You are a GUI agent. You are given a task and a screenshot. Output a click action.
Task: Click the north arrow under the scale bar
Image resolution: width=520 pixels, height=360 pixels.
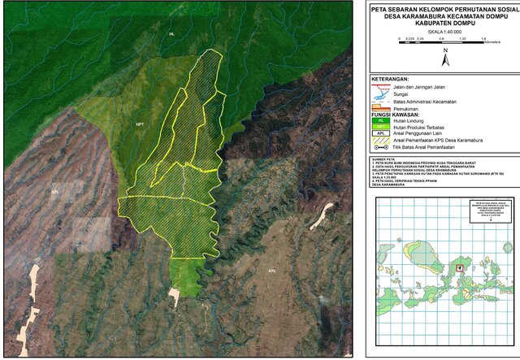[x=444, y=57]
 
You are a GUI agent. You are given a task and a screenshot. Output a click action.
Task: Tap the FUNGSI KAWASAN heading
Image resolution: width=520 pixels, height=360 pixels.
[x=397, y=115]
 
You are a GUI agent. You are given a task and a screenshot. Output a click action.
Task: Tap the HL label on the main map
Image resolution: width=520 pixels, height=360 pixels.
[x=171, y=35]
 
